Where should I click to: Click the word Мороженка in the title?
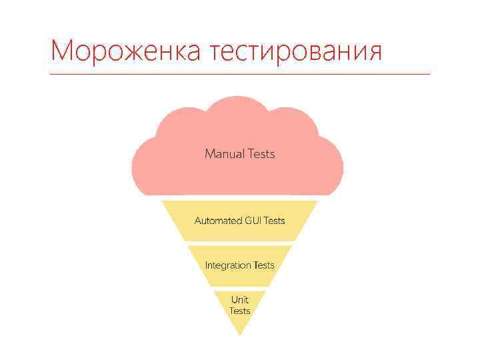tap(125, 51)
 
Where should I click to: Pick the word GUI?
tap(254, 221)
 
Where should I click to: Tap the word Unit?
tap(239, 300)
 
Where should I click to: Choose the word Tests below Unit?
tap(239, 311)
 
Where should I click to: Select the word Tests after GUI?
tap(275, 221)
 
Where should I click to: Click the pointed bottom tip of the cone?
tap(239, 334)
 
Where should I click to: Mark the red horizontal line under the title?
tap(240, 74)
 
